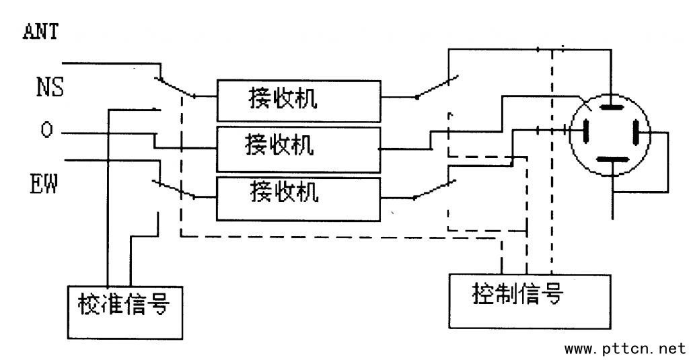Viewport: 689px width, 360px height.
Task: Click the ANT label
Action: pyautogui.click(x=42, y=31)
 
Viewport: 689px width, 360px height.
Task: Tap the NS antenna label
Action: pyautogui.click(x=50, y=86)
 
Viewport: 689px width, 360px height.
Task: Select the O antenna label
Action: pyautogui.click(x=46, y=130)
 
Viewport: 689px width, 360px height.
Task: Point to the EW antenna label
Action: pyautogui.click(x=44, y=184)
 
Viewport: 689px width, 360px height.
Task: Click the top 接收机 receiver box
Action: pyautogui.click(x=297, y=98)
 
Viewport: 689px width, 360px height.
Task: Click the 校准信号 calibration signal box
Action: pyautogui.click(x=125, y=310)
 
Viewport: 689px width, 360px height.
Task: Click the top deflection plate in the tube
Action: pyautogui.click(x=611, y=107)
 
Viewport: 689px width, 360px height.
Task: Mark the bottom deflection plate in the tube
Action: pyautogui.click(x=611, y=159)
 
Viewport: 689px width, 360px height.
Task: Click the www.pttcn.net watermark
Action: pyautogui.click(x=624, y=349)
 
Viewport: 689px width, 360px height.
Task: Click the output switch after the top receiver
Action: pyautogui.click(x=437, y=87)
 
